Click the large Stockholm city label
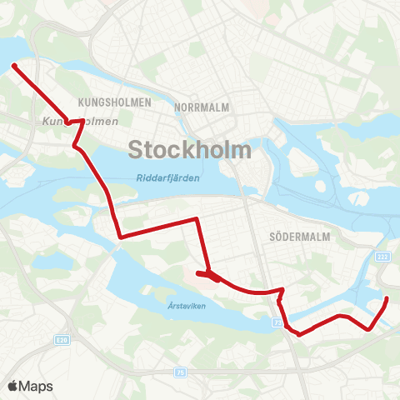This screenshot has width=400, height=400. (190, 150)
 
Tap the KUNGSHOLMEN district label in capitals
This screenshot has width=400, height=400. (114, 102)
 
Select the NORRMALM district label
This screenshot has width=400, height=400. (202, 107)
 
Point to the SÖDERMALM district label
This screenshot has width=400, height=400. (301, 237)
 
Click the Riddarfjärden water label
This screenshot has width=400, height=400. (164, 177)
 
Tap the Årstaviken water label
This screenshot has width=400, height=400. (179, 305)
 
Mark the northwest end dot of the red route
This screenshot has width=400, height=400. (14, 65)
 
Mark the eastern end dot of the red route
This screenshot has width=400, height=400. (387, 299)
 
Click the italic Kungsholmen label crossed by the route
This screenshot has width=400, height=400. (75, 122)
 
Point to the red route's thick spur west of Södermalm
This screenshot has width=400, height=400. (207, 275)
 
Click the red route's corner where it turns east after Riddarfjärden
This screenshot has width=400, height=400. (122, 237)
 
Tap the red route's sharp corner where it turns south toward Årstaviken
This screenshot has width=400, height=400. (196, 219)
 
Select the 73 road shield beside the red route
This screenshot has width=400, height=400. (277, 321)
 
